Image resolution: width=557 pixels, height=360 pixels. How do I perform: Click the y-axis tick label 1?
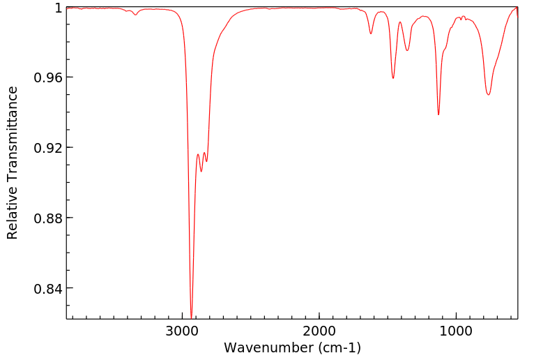(58, 8)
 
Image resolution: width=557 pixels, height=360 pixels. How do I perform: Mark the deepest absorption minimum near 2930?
(191, 317)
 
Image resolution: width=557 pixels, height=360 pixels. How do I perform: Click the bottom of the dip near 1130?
(438, 114)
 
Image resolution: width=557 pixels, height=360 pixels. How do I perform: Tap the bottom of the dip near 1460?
(393, 78)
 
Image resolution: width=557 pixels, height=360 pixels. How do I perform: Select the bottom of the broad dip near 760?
(489, 95)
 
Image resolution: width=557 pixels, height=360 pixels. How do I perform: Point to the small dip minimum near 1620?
(371, 33)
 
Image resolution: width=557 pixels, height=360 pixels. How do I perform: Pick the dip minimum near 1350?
(408, 50)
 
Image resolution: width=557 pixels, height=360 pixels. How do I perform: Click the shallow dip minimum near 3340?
(136, 15)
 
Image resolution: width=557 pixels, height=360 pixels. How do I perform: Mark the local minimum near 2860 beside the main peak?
(201, 172)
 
